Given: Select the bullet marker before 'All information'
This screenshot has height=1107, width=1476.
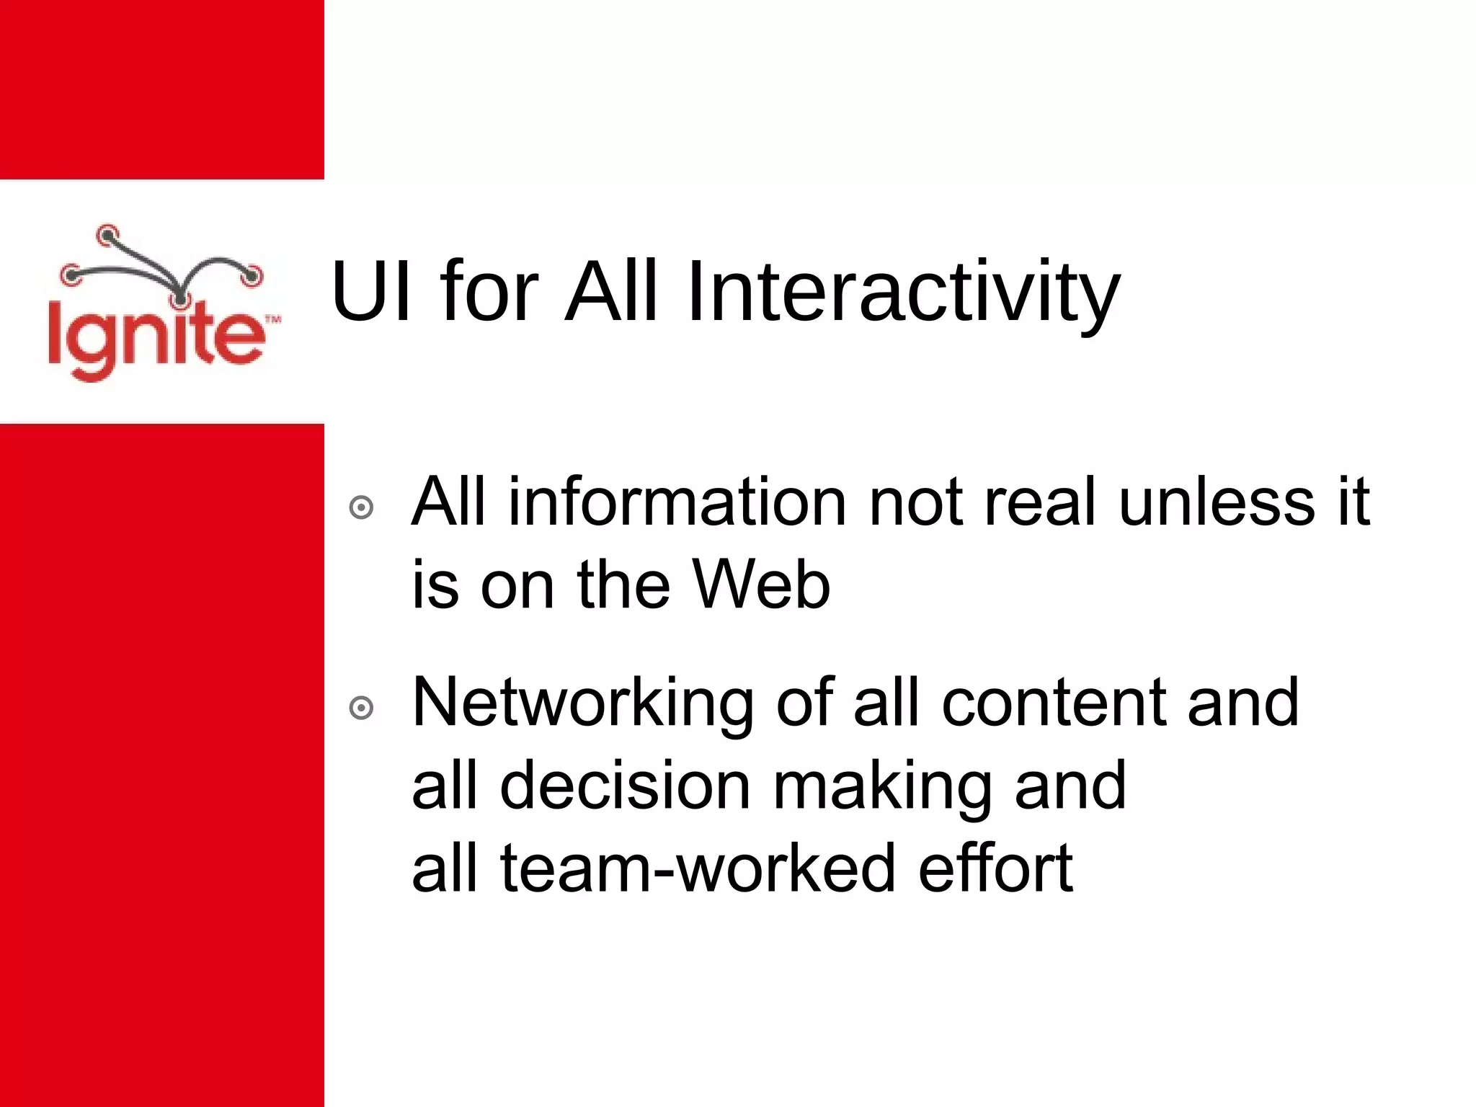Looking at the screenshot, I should pyautogui.click(x=361, y=507).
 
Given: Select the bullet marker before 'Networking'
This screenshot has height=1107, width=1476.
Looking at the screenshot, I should pyautogui.click(x=361, y=708).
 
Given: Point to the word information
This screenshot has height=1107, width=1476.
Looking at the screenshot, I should pyautogui.click(x=677, y=502).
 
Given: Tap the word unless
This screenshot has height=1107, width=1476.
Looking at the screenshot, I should pyautogui.click(x=1217, y=502).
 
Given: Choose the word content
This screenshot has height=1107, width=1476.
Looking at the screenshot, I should pyautogui.click(x=1054, y=703).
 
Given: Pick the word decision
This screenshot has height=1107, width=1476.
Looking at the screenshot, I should pyautogui.click(x=626, y=786).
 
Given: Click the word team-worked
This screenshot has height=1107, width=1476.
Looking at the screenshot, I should pyautogui.click(x=697, y=868).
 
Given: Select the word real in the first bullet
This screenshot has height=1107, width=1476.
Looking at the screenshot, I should pyautogui.click(x=1040, y=502).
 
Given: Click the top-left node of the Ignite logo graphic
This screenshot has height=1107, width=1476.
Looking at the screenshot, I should pyautogui.click(x=107, y=234).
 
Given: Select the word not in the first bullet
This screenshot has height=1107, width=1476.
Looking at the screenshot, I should pyautogui.click(x=915, y=502).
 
